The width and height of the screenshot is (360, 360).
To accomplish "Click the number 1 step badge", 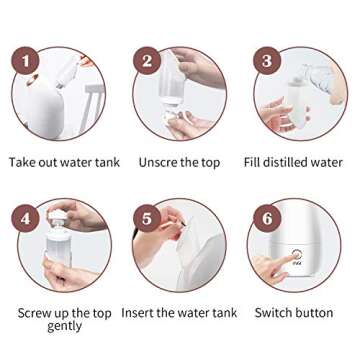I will click(x=25, y=63).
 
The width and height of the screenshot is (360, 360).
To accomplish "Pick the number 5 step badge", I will click(x=148, y=216).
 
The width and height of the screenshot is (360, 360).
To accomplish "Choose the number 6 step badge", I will click(x=266, y=216).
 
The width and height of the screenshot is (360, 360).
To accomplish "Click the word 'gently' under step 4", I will click(x=65, y=326).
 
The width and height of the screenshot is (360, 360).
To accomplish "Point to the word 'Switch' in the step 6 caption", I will click(x=274, y=313).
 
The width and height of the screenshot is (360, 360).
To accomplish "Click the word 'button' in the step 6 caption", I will click(x=314, y=313).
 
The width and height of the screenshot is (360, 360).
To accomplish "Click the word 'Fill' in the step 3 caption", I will click(x=254, y=162).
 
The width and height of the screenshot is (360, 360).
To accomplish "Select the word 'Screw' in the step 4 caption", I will click(x=37, y=313).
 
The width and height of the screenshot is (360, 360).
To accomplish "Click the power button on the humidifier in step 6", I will click(x=297, y=256).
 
